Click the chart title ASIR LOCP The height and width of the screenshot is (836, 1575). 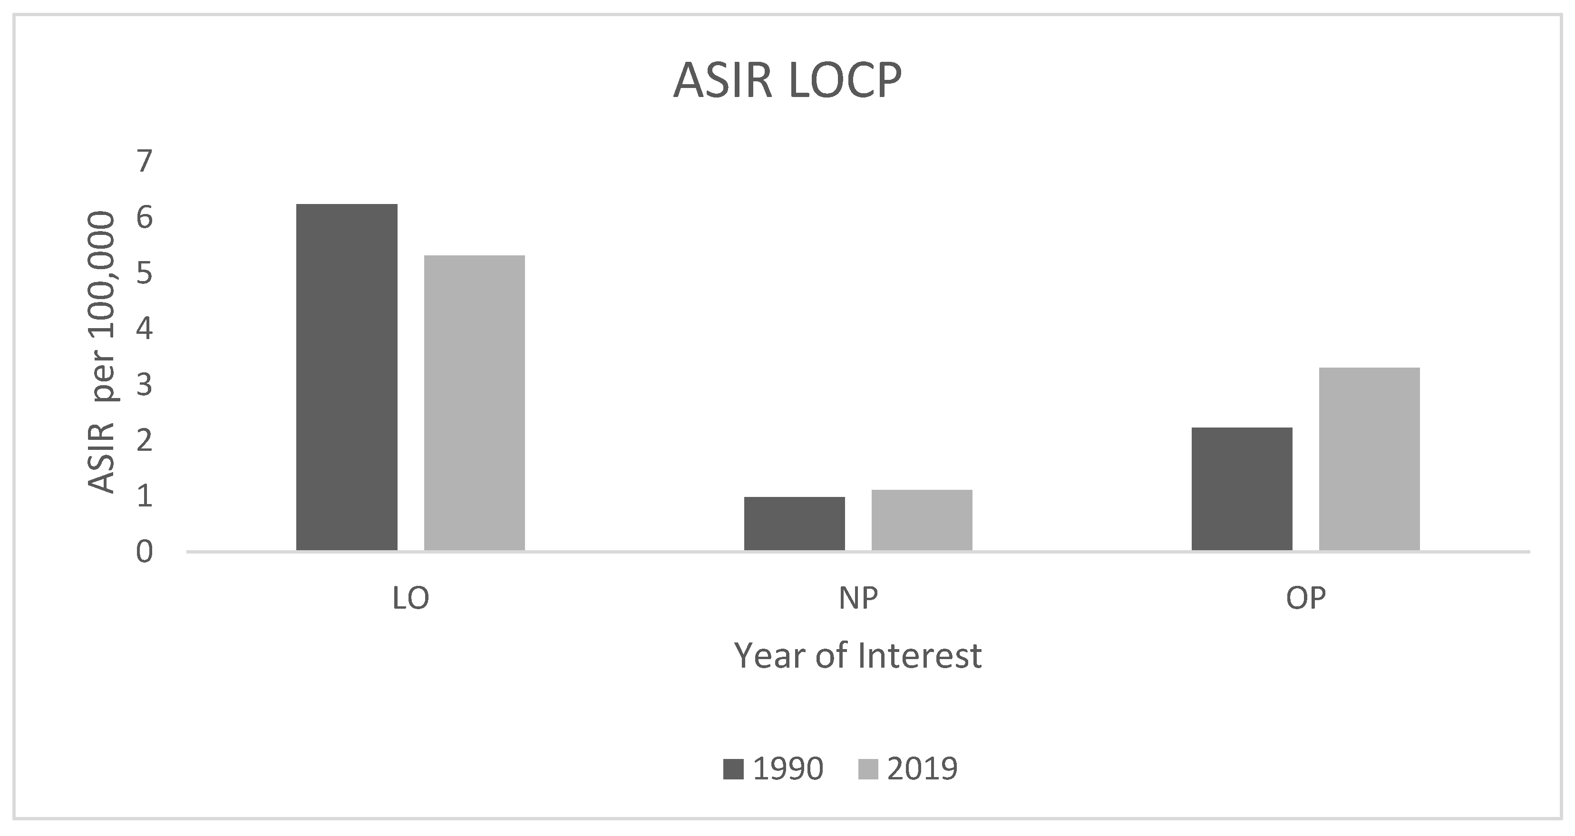click(x=787, y=81)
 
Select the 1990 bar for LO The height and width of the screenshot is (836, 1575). click(x=347, y=377)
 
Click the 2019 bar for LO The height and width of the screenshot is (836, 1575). click(x=475, y=402)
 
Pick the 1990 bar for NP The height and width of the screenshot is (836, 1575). click(x=794, y=524)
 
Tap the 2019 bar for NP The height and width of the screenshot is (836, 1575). click(x=922, y=520)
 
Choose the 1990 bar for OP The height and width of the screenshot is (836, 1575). click(x=1242, y=489)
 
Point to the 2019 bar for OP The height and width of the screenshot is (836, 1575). click(x=1369, y=459)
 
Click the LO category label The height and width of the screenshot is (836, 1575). click(x=410, y=599)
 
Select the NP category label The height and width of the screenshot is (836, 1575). click(x=858, y=599)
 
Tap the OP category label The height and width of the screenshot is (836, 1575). click(x=1305, y=599)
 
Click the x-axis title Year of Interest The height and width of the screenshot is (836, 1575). click(x=858, y=656)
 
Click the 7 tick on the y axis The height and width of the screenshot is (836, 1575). click(x=144, y=162)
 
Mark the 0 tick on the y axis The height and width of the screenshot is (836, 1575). click(x=144, y=552)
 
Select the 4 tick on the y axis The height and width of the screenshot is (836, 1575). click(x=144, y=329)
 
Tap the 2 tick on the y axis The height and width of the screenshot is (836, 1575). click(x=144, y=440)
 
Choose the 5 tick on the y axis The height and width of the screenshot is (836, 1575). click(x=144, y=273)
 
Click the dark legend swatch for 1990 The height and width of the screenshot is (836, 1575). click(x=733, y=769)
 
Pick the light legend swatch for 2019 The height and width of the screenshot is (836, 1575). click(x=868, y=769)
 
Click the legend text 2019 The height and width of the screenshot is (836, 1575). click(x=922, y=769)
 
